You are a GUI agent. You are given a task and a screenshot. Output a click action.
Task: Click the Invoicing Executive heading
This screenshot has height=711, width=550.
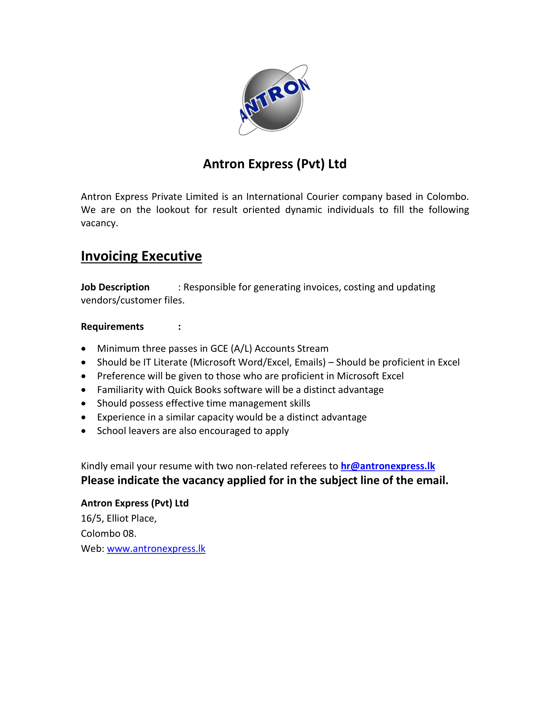pos(141,256)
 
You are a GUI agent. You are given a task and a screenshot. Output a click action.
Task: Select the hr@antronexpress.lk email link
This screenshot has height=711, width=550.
pos(388,466)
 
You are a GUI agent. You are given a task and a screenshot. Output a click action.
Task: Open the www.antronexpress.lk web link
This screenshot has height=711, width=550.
pos(156,548)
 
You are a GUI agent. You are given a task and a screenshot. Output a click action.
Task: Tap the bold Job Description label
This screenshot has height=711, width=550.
pos(115,287)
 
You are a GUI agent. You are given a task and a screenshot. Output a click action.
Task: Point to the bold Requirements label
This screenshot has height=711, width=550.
pos(112,326)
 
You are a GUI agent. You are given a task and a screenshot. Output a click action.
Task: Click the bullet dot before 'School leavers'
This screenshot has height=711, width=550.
pos(84,431)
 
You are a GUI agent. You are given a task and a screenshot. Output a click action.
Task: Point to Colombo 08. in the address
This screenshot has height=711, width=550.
pos(108,534)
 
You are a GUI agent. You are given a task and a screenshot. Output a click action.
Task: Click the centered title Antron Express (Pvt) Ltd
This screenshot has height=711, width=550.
pos(275,164)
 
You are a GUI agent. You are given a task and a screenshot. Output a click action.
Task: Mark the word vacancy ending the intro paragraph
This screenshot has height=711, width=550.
pos(99,223)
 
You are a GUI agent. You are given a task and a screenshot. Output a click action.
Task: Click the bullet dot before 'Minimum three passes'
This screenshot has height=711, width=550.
pos(84,349)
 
